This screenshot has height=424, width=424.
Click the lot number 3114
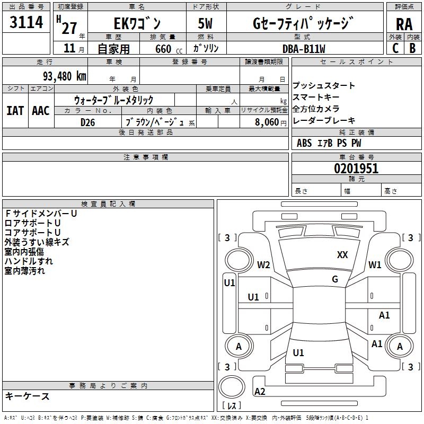click(26, 23)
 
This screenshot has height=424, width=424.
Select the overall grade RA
click(404, 24)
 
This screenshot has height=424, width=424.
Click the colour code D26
click(88, 122)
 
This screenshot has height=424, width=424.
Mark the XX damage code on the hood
click(342, 255)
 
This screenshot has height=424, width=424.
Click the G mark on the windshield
click(335, 279)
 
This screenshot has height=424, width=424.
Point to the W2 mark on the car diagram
click(263, 265)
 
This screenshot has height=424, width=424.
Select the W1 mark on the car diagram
click(375, 265)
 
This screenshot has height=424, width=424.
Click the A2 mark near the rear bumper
click(260, 391)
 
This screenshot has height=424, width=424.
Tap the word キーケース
click(28, 396)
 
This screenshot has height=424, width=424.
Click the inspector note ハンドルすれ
click(29, 261)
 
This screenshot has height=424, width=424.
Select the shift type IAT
click(15, 111)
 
